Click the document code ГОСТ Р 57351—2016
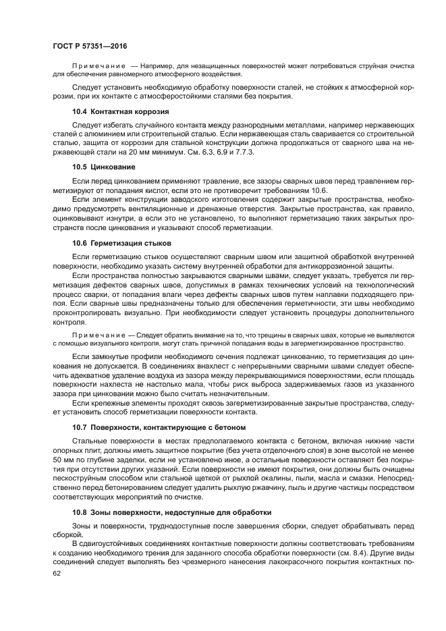[x=90, y=45]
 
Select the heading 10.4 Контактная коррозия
[x=120, y=111]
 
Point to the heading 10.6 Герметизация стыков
[x=122, y=242]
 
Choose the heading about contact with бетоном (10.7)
[x=159, y=428]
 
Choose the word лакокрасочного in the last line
[x=280, y=563]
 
